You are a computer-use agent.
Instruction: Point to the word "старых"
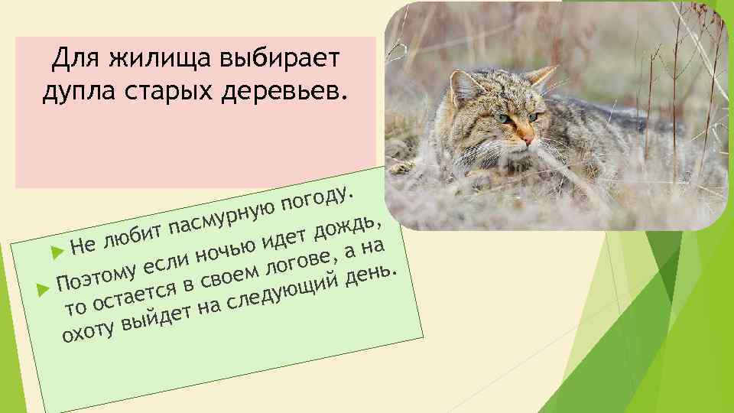click(170, 90)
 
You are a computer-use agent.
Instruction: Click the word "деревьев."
click(290, 90)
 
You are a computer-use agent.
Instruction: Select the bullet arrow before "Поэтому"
click(43, 290)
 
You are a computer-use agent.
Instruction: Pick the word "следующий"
click(283, 291)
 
